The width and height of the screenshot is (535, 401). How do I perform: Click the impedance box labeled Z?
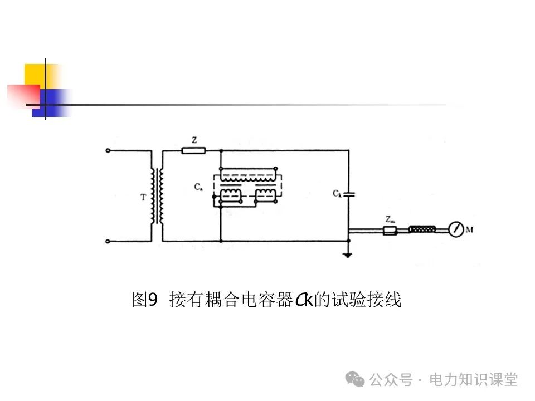[x=194, y=150]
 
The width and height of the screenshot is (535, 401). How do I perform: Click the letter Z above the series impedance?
[x=194, y=141]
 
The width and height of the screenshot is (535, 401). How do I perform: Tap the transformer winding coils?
[x=157, y=196]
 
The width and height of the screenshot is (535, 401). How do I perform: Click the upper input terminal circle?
[x=108, y=150]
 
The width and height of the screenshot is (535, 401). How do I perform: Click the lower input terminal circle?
[x=108, y=242]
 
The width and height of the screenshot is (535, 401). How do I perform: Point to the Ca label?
[x=198, y=188]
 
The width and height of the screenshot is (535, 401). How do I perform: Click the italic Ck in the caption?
[x=303, y=300]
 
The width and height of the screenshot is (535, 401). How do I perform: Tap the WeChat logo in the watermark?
[x=355, y=379]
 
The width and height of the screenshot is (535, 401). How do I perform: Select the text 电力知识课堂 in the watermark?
[x=473, y=380]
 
